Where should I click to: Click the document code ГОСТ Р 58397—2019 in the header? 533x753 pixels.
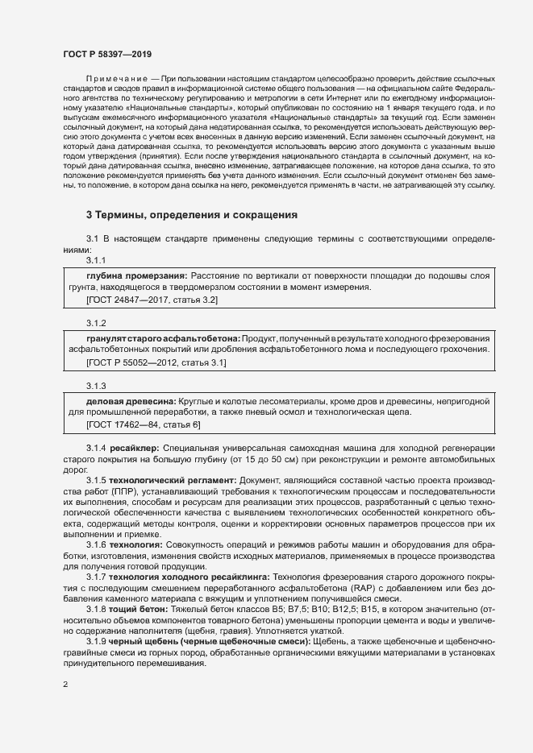click(x=106, y=52)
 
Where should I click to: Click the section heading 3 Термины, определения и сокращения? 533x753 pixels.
click(x=192, y=216)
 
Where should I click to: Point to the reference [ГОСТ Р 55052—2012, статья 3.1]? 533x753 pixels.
click(x=156, y=363)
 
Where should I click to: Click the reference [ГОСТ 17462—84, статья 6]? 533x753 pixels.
click(x=143, y=424)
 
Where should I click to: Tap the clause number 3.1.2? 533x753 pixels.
click(x=96, y=323)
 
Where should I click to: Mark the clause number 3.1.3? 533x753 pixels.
click(x=96, y=386)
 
